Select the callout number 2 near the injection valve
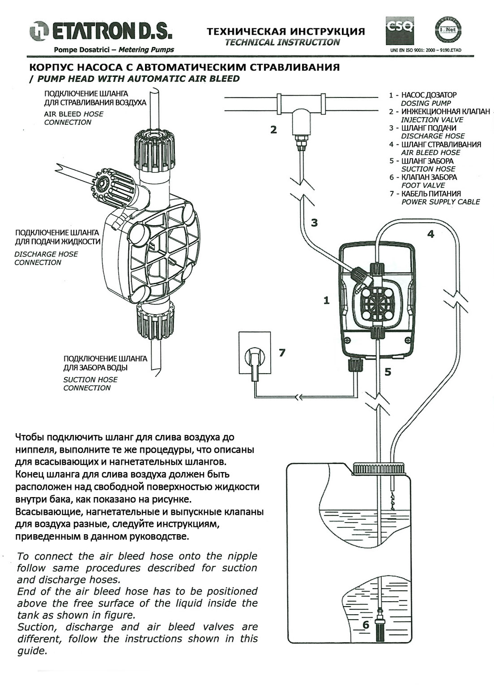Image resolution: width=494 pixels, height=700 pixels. coord(273,130)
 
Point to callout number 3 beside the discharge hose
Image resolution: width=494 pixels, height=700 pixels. coord(314,223)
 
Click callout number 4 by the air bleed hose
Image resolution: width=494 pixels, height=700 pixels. coord(430,234)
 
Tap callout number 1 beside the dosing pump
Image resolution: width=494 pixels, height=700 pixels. coord(326,301)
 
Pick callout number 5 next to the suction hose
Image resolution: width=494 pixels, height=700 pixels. coord(388,372)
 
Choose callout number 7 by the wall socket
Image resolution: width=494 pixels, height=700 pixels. coord(282,353)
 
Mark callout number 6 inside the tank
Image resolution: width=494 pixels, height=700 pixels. coord(366,624)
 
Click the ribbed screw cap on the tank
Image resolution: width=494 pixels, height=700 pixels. coord(379,468)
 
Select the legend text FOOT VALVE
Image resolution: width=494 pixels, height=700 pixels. coord(423,185)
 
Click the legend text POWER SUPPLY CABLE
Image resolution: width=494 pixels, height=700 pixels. coord(440,202)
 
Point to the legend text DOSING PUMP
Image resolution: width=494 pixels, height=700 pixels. coord(426,103)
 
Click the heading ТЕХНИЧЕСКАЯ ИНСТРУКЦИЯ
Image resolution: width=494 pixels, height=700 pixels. coord(285,31)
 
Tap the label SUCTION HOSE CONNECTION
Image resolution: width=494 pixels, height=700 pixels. coord(90,384)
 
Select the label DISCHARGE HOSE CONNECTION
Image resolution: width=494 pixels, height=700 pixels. coord(46,258)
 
